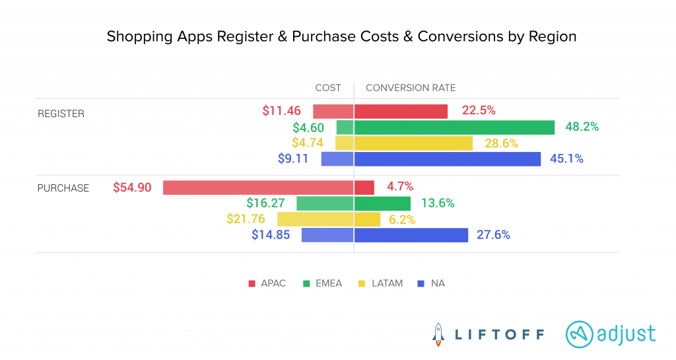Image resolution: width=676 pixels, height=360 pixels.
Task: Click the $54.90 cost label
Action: pyautogui.click(x=132, y=188)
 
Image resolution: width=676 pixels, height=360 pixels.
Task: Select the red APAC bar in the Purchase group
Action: pyautogui.click(x=268, y=188)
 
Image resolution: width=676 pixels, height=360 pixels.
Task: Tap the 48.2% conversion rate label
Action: pyautogui.click(x=582, y=127)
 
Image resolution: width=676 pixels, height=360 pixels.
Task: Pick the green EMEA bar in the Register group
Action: pyautogui.click(x=446, y=127)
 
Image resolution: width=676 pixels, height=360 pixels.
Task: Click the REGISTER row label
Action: pyautogui.click(x=61, y=114)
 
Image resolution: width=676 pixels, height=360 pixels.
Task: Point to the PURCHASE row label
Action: pyautogui.click(x=63, y=188)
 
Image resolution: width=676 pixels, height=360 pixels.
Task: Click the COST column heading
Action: pyautogui.click(x=328, y=88)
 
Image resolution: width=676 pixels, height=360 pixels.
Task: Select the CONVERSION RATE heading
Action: pyautogui.click(x=411, y=88)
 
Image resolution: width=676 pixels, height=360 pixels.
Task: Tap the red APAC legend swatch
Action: pyautogui.click(x=252, y=284)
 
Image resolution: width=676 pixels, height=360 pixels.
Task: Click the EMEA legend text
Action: pyautogui.click(x=330, y=284)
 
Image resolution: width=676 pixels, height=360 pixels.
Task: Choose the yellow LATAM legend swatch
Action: pyautogui.click(x=361, y=284)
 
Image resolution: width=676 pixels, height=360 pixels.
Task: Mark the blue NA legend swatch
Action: pyautogui.click(x=421, y=284)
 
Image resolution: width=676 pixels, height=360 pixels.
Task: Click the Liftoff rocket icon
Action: pyautogui.click(x=438, y=334)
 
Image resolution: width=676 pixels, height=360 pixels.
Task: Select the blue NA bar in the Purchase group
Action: pyautogui.click(x=385, y=235)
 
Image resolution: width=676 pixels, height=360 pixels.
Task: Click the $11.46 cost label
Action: pyautogui.click(x=282, y=111)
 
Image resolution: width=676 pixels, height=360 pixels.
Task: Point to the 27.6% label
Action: pyautogui.click(x=493, y=235)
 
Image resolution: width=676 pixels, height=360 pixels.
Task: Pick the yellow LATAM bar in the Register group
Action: pyautogui.click(x=404, y=143)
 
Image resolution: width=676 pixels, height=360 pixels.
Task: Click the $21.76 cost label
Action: pyautogui.click(x=246, y=219)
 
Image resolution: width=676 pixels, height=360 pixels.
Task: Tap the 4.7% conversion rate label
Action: pyautogui.click(x=400, y=188)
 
